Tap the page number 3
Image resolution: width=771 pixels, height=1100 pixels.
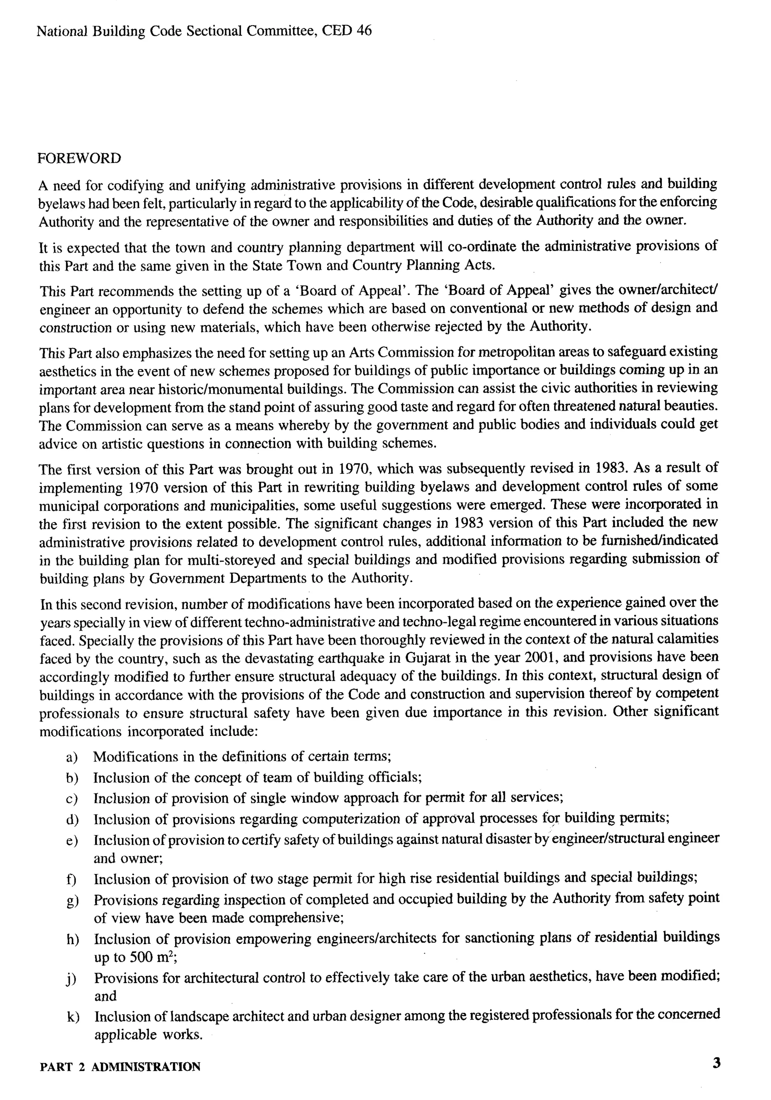pyautogui.click(x=716, y=1063)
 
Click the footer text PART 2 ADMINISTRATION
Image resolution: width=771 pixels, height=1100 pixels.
pyautogui.click(x=120, y=1067)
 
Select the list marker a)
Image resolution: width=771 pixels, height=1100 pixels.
pyautogui.click(x=72, y=757)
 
